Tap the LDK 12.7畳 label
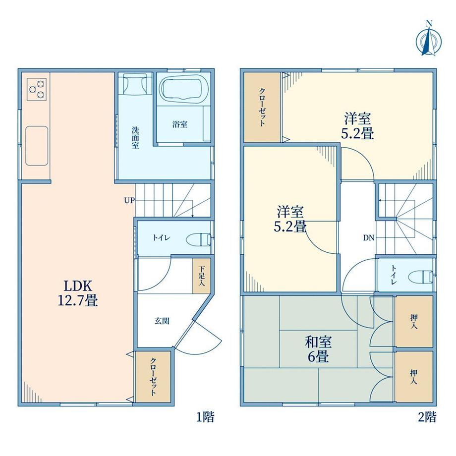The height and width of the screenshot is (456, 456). [78, 293]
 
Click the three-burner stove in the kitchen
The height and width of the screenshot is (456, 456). [37, 89]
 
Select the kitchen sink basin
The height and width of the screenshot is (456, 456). [37, 146]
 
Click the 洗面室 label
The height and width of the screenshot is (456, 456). [135, 138]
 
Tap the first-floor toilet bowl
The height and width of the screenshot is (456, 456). [198, 239]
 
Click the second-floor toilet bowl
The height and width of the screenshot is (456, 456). [420, 276]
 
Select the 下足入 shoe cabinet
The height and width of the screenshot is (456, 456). [201, 276]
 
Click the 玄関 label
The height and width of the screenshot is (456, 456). [162, 321]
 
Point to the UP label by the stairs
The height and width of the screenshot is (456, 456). [129, 200]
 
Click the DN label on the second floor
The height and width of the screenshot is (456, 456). [368, 238]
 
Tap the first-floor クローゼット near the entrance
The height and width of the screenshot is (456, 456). [153, 377]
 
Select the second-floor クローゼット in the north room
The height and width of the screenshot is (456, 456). [262, 108]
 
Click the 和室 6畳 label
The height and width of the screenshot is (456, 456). [318, 349]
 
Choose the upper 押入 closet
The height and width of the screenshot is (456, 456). [413, 321]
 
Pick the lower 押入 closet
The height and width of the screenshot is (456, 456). [413, 377]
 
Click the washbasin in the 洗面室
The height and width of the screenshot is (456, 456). [135, 83]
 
